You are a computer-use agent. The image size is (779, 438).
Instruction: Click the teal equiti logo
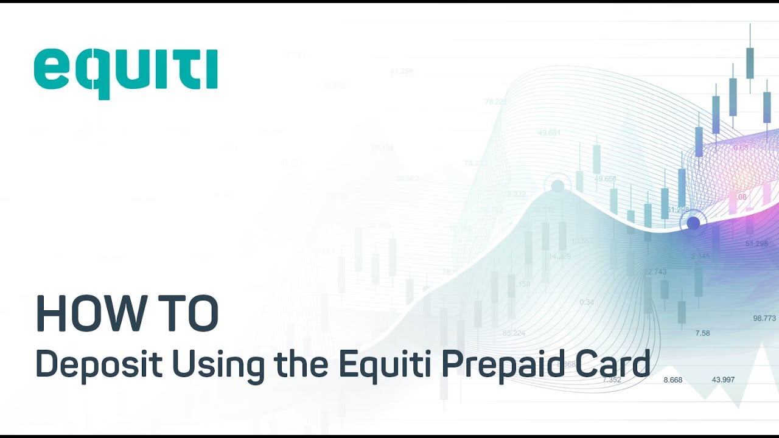click(x=125, y=72)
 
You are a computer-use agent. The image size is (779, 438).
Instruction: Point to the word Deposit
click(x=99, y=365)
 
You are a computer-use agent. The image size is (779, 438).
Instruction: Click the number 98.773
click(x=764, y=318)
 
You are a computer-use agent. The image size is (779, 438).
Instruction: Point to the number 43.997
click(x=723, y=380)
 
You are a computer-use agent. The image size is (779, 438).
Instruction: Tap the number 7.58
click(x=702, y=333)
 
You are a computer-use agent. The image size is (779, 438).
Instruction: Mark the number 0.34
click(x=587, y=302)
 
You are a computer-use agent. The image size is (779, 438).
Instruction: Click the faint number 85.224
click(x=514, y=333)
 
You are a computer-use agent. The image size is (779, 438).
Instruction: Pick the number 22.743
click(x=655, y=272)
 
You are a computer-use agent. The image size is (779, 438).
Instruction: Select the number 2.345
click(x=700, y=256)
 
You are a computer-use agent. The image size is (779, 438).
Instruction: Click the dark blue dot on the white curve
click(x=693, y=223)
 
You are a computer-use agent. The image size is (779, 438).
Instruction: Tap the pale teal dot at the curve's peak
click(x=557, y=186)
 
